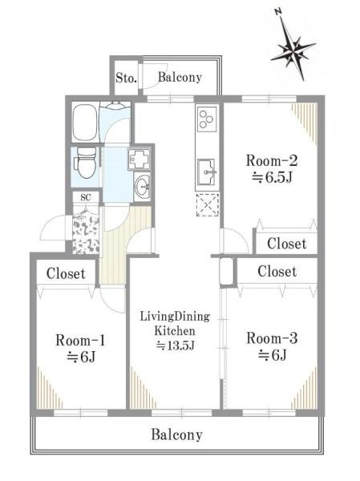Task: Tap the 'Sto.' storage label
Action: coord(126,78)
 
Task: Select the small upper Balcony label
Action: coord(180,77)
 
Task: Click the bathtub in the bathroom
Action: coord(84,123)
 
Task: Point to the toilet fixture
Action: coord(86,163)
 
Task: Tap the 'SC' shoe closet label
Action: coord(86,198)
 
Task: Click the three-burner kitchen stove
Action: coord(207,119)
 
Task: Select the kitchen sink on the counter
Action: coord(207,172)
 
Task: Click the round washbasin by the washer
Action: coord(143,186)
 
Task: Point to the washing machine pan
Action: coord(140,159)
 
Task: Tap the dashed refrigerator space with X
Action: coord(208,204)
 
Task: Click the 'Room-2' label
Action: coord(272,161)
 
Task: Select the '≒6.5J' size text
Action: coord(272,177)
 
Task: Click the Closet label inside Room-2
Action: coord(287,244)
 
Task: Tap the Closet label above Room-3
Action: coord(277,272)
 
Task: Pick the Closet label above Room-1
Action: coord(66,273)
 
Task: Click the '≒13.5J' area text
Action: coord(176,346)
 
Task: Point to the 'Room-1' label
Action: coord(80,341)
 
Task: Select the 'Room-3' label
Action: coord(272,338)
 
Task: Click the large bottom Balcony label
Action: coord(176,435)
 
